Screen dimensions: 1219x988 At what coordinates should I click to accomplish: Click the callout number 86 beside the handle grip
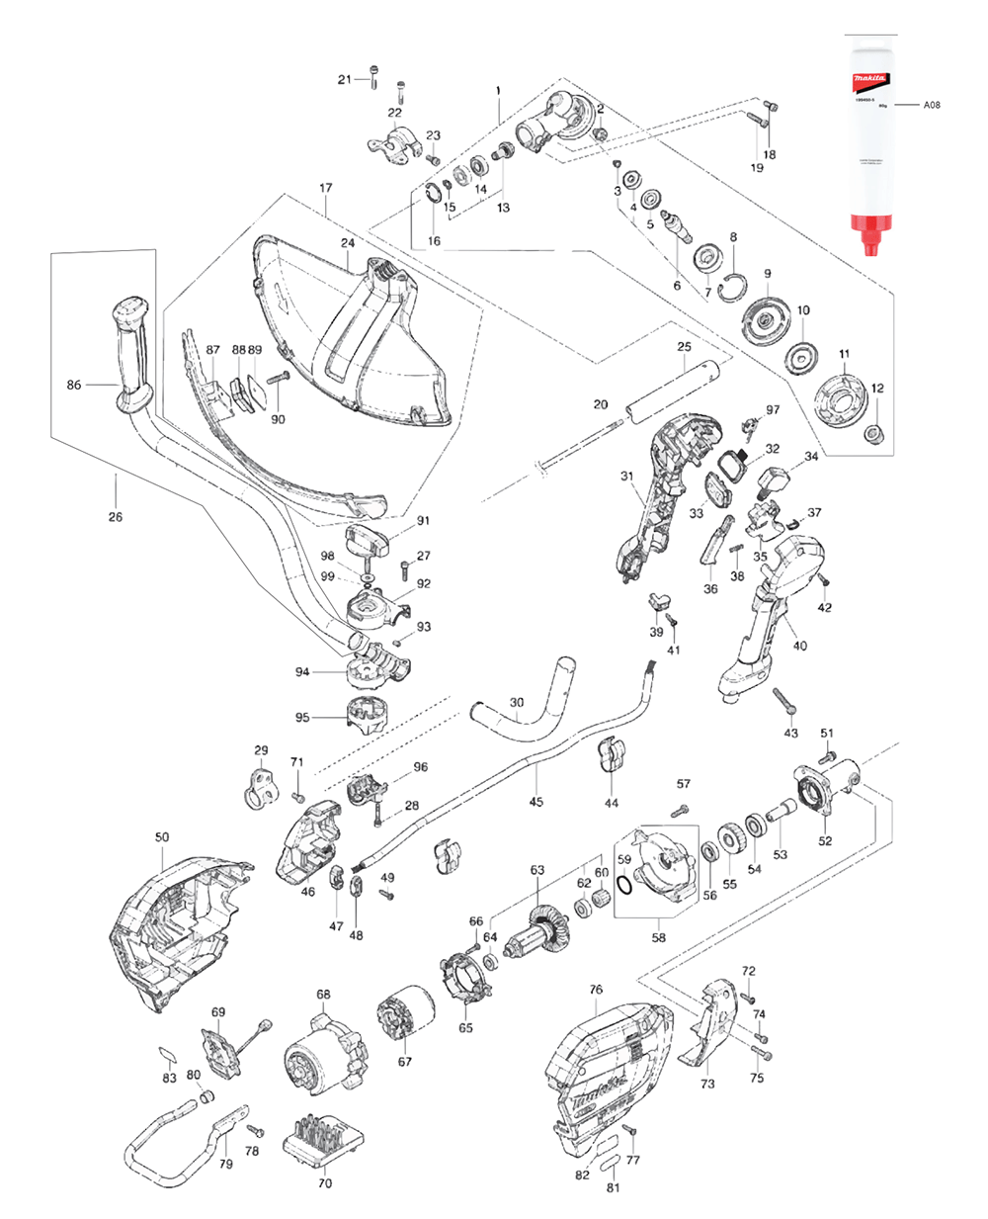coord(74,386)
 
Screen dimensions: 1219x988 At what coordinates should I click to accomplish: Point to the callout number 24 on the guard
coord(347,243)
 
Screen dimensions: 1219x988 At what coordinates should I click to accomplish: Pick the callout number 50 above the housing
coord(162,836)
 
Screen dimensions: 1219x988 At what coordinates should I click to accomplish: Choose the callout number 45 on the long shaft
coord(535,802)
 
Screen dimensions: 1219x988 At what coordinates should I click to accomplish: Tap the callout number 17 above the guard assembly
coord(326,188)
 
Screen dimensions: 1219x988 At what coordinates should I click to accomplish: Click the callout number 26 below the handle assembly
coord(116,516)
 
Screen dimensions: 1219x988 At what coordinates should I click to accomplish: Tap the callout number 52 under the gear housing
coord(825,841)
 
